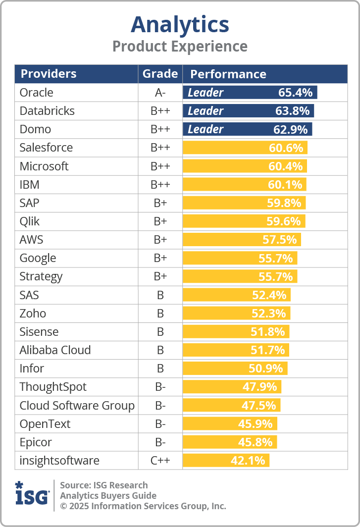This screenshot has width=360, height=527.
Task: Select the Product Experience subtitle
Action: (180, 47)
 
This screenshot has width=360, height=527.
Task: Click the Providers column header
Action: (49, 74)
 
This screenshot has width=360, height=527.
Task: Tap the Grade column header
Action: (160, 74)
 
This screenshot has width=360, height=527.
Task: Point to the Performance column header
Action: (228, 74)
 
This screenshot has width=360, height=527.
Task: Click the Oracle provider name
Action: (36, 93)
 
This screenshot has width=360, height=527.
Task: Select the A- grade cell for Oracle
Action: (160, 93)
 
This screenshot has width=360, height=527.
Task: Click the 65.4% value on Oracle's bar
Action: (295, 93)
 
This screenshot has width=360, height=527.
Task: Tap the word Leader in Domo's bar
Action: (206, 129)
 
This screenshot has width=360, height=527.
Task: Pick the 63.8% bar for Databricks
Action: (248, 111)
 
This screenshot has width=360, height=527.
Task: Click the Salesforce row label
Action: (46, 148)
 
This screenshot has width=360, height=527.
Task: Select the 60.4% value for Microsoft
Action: (285, 166)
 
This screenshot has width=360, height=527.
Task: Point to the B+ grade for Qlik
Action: (160, 221)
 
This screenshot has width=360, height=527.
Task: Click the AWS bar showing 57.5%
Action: (242, 240)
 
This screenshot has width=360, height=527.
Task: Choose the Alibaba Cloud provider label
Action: (55, 350)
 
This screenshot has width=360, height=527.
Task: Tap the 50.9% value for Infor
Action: (266, 369)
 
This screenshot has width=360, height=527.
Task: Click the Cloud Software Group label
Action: (77, 406)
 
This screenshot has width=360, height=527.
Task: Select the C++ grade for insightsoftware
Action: (160, 461)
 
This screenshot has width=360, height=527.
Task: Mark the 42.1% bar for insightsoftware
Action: (226, 461)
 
